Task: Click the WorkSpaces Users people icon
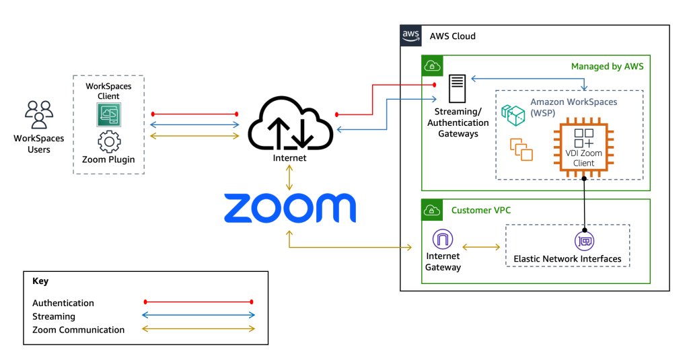point(38,114)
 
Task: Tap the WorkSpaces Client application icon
point(108,115)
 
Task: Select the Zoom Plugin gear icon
point(108,142)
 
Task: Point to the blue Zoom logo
point(289,208)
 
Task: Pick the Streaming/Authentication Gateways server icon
point(458,89)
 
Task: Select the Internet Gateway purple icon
point(443,240)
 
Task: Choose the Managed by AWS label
point(607,66)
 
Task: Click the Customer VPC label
point(480,210)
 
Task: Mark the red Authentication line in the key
point(198,303)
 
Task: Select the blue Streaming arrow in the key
point(198,316)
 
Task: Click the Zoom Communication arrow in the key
point(198,329)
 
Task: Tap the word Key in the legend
point(40,281)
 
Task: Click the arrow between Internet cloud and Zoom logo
point(290,178)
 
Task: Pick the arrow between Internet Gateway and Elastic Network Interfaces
point(481,248)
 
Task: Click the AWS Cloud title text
point(452,36)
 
